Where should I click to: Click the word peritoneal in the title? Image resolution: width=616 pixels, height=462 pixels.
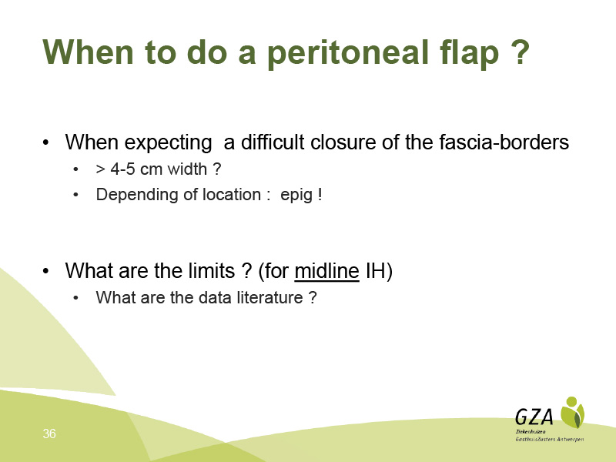click(x=348, y=53)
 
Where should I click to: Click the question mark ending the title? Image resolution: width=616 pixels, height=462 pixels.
click(x=521, y=51)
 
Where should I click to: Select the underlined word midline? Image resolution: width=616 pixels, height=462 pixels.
click(x=326, y=271)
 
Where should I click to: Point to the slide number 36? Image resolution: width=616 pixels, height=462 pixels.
click(x=49, y=434)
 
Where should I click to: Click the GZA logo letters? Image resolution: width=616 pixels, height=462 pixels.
click(x=534, y=417)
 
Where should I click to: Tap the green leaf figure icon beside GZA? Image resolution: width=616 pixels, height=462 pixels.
click(x=572, y=412)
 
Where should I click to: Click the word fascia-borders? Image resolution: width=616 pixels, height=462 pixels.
click(x=504, y=142)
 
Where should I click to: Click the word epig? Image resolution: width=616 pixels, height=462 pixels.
click(x=296, y=196)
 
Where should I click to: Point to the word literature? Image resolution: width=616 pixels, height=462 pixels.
click(x=270, y=297)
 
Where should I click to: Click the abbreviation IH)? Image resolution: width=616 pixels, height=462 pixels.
click(x=379, y=271)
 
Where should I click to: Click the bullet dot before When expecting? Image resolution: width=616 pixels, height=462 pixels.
click(x=46, y=142)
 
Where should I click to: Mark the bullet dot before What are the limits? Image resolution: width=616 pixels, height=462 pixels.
click(x=46, y=271)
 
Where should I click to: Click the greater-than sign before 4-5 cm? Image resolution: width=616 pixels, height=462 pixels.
click(x=101, y=169)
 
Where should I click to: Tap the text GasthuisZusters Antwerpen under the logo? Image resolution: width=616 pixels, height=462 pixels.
click(x=550, y=439)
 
